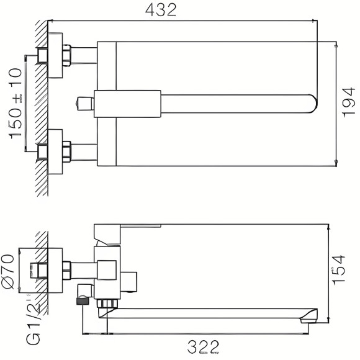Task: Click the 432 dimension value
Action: [163, 10]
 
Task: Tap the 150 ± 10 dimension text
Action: [16, 103]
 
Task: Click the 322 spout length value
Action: [205, 345]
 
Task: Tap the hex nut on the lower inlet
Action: [67, 151]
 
